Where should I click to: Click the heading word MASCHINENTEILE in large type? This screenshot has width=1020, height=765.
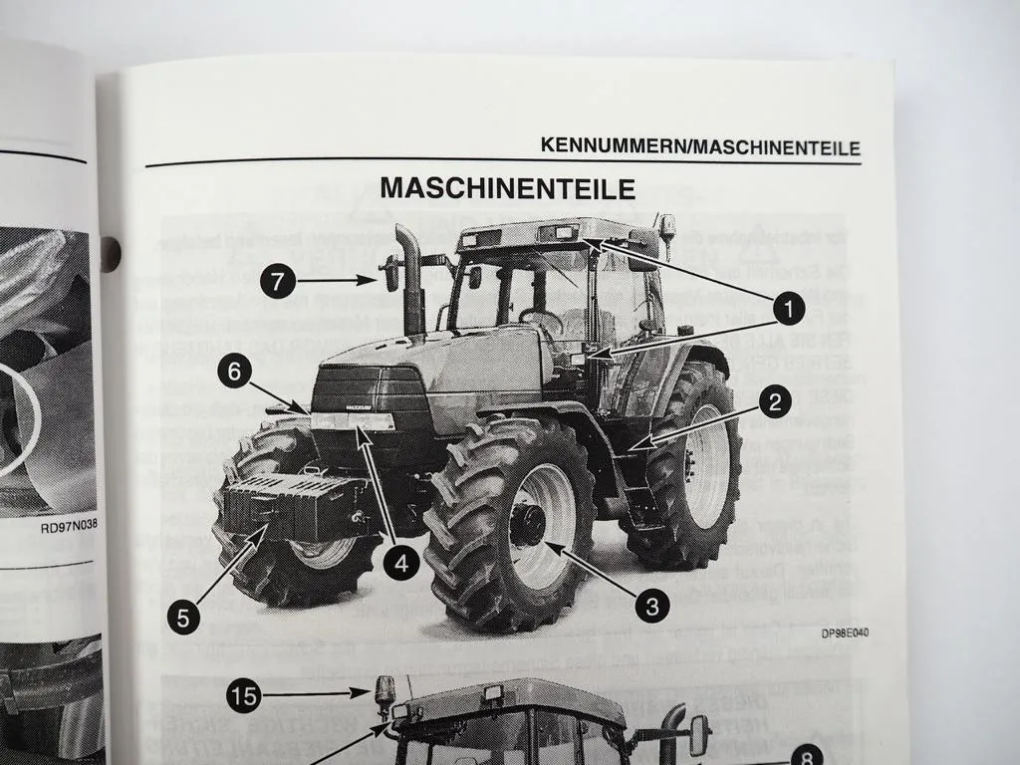click(508, 187)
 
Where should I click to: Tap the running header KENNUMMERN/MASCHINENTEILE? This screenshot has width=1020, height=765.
click(700, 146)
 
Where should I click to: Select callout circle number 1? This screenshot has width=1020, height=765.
click(789, 310)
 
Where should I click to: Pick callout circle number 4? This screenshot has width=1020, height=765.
click(399, 565)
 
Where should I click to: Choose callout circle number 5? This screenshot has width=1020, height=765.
click(183, 617)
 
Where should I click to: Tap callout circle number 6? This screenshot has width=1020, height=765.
click(234, 374)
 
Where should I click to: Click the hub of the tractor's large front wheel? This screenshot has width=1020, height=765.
click(528, 524)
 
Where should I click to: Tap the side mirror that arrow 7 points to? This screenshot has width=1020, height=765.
click(391, 273)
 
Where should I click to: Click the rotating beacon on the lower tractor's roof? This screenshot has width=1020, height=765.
click(382, 691)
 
